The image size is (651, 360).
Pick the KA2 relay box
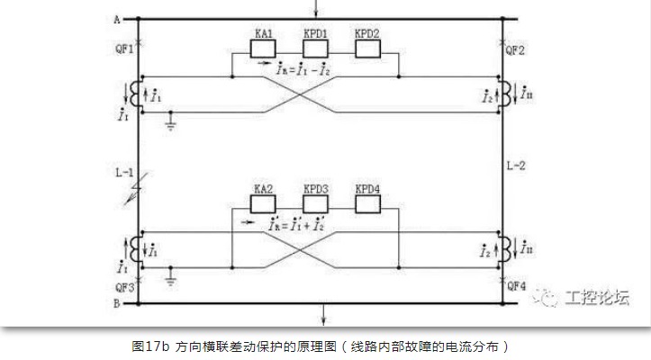click(x=264, y=204)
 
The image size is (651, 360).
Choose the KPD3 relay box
click(x=316, y=204)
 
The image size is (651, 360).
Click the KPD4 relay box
click(x=368, y=204)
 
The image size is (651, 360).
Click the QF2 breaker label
click(x=516, y=49)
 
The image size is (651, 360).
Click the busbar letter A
click(x=118, y=18)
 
